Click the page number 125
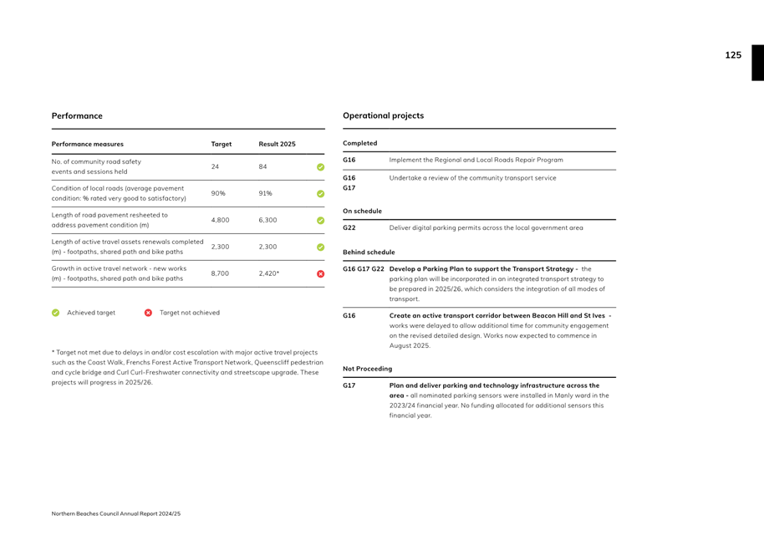[x=732, y=55]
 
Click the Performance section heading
[x=77, y=115]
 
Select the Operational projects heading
[x=383, y=115]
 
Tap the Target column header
[x=221, y=144]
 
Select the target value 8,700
[x=220, y=273]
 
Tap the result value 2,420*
[x=270, y=273]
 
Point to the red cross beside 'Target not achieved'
[x=149, y=313]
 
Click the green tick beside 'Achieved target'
[x=56, y=313]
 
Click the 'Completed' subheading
[x=360, y=143]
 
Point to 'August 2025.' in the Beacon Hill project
[x=410, y=345]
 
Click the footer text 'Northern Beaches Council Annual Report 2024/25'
[x=115, y=513]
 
